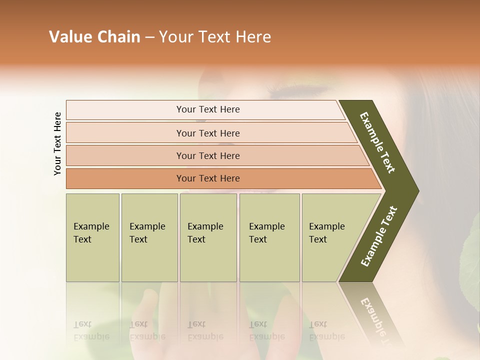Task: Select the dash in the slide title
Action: pos(149,37)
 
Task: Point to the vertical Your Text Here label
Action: pos(57,143)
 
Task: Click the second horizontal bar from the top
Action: pos(207,133)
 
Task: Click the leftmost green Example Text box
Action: pos(92,237)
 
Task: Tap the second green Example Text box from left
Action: pos(149,237)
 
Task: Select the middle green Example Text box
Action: pos(208,237)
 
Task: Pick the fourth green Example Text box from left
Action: pos(269,237)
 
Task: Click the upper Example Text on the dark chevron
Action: pos(378,142)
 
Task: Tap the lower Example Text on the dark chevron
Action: pos(378,236)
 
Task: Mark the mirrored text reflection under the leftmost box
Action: pos(91,330)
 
